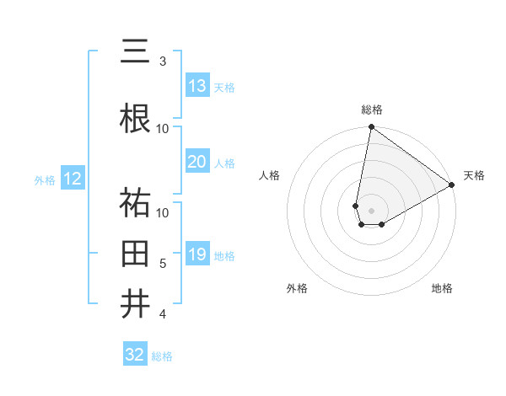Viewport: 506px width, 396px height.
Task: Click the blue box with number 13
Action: pos(197,86)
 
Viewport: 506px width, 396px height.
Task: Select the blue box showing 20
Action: pos(197,162)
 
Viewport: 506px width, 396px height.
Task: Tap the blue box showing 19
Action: pos(197,254)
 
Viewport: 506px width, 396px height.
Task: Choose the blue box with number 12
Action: pos(73,179)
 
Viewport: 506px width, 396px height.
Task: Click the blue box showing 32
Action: pos(135,355)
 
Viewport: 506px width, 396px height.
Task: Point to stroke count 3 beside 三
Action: pos(163,62)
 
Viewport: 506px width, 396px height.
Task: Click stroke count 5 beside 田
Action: pos(163,264)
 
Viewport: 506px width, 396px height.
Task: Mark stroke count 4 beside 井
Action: pos(163,314)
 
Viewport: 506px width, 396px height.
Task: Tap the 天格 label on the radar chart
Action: pos(474,175)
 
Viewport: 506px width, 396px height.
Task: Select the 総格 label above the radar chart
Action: pos(371,110)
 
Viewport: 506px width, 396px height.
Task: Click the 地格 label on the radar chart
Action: pos(442,289)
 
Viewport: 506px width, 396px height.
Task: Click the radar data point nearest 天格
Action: pos(452,185)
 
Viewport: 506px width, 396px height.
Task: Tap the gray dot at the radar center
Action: pos(371,210)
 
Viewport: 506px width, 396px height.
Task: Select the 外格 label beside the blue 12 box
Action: pos(45,179)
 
